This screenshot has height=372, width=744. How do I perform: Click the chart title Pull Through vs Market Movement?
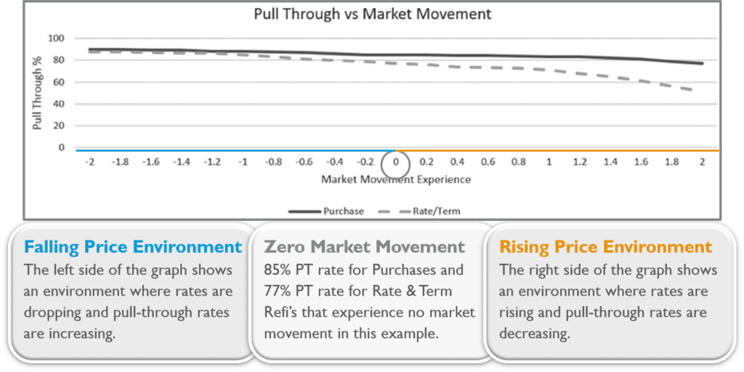(373, 14)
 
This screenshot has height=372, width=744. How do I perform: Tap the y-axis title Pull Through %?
(37, 93)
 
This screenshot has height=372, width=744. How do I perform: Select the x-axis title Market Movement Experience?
(396, 180)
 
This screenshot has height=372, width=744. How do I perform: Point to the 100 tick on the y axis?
(57, 38)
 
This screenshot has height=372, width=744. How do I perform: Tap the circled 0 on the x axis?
(396, 162)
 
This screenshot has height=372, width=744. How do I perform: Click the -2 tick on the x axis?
(90, 162)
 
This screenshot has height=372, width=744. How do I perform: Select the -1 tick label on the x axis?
(243, 162)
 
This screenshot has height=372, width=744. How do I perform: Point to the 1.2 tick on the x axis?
(580, 162)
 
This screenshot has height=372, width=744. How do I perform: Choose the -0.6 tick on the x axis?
(304, 162)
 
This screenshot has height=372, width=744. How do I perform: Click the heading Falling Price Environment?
(133, 247)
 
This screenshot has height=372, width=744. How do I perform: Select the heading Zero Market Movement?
(365, 247)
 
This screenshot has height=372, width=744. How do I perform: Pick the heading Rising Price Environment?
(605, 247)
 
